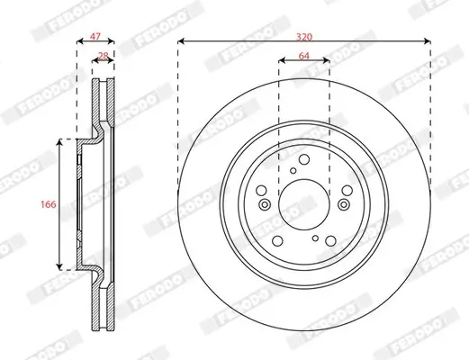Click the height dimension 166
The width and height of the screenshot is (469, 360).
click(49, 204)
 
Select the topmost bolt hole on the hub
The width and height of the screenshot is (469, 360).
click(304, 159)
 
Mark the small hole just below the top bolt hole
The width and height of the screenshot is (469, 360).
click(294, 169)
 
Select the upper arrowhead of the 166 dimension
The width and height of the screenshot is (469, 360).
click(60, 142)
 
